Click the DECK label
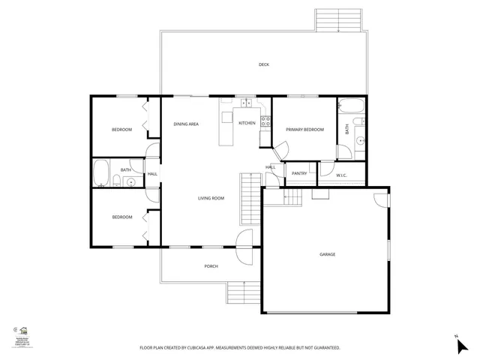[x=264, y=64]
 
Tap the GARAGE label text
[x=328, y=254]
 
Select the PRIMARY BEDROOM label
[x=305, y=130]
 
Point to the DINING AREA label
[x=186, y=124]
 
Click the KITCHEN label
[x=247, y=123]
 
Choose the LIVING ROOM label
[x=211, y=198]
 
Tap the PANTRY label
[x=299, y=173]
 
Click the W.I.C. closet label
[x=341, y=175]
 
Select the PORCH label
[x=211, y=266]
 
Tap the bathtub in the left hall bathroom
[x=101, y=172]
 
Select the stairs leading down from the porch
[x=243, y=292]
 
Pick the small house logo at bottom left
[x=23, y=331]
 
